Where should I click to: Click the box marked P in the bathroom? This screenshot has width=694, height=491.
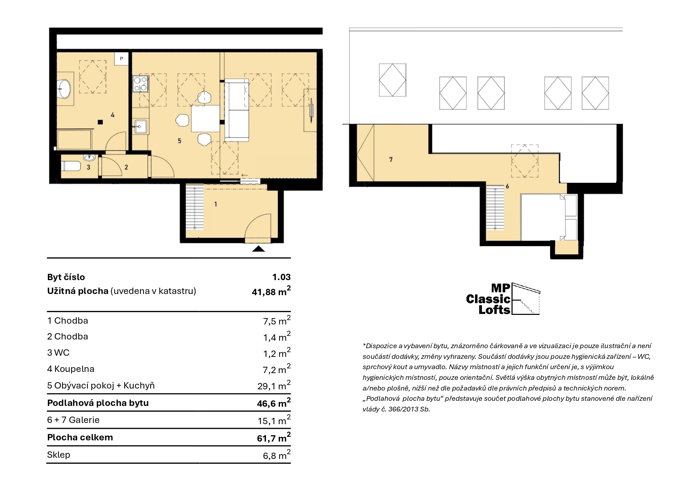coord(122,59)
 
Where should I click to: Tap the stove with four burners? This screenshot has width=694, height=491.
coord(140,83)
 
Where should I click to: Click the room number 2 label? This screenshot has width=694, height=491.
coord(126,167)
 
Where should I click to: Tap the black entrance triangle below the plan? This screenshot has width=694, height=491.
coord(258,248)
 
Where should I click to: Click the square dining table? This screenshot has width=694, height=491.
coord(205,118)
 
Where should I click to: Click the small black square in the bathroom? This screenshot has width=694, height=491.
coord(101,122)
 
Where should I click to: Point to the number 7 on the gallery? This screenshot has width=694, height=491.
coord(391,159)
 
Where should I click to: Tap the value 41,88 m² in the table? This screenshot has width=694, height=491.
coord(271,291)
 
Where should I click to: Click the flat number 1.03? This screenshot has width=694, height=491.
coord(281,277)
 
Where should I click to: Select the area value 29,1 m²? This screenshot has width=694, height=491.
coord(274,385)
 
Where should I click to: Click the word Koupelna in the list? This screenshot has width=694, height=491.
coord(74,369)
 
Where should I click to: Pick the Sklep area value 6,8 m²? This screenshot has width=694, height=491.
coord(277,455)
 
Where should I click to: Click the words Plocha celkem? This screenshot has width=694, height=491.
coord(80,437)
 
